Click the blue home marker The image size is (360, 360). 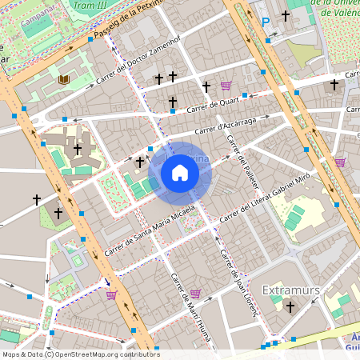pos(179,173)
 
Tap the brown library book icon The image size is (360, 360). pos(63,79)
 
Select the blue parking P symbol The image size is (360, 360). pos(266,22)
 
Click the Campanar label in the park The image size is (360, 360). pos(38,14)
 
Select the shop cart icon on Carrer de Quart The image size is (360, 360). pos(226,85)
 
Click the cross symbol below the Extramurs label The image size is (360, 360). pos(290,306)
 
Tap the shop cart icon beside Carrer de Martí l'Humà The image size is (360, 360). pos(195,294)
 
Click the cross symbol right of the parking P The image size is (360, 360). pos(286,15)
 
